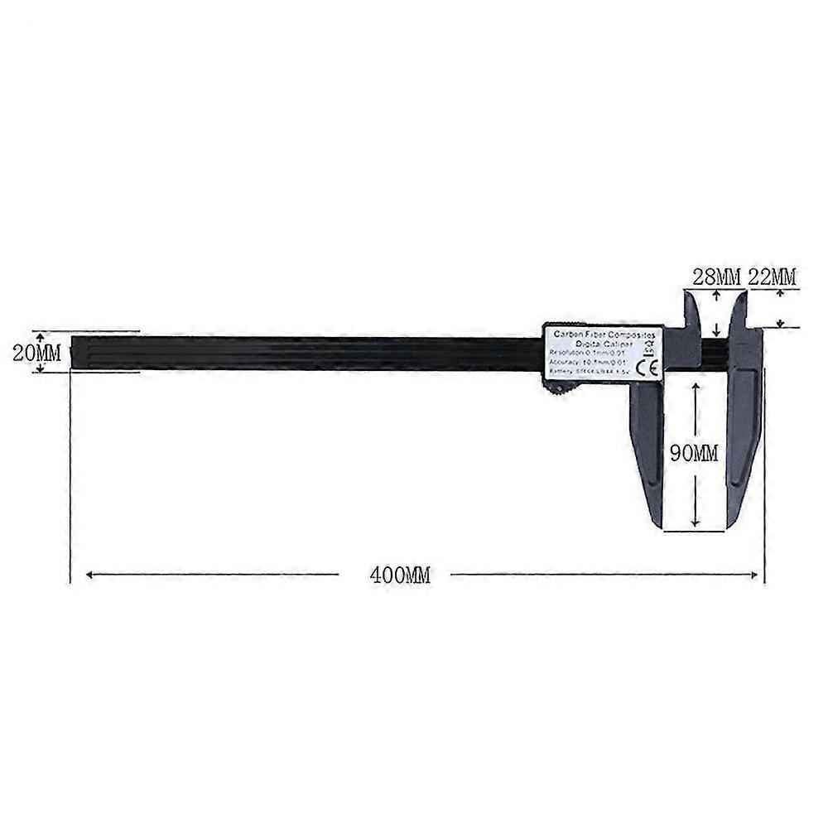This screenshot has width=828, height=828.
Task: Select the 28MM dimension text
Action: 716,277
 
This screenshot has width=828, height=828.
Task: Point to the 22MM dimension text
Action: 772,277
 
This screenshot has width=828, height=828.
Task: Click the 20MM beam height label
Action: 36,351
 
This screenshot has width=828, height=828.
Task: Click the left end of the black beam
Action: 75,351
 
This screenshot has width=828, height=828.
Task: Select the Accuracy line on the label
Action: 590,363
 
